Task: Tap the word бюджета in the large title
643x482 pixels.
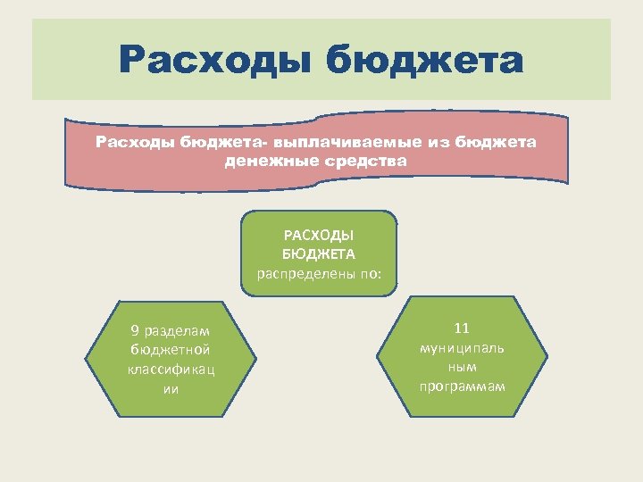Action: (424, 62)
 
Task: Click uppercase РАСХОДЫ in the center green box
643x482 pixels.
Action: (319, 236)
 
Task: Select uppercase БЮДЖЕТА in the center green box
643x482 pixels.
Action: (319, 254)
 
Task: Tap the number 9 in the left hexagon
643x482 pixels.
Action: (134, 331)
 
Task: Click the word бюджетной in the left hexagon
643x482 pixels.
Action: (171, 350)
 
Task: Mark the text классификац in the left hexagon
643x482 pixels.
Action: (171, 369)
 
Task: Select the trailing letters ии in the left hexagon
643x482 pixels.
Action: (171, 388)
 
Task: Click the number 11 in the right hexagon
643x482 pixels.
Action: (462, 328)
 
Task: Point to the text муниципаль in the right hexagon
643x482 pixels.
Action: (462, 347)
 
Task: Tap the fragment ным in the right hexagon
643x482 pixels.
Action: (462, 367)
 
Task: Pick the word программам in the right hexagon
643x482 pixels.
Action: (462, 386)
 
